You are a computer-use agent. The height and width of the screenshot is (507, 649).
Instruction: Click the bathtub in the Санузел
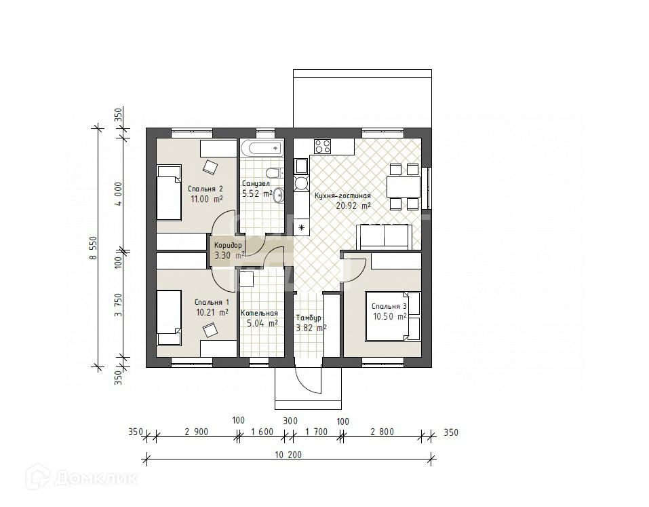pyautogui.click(x=262, y=148)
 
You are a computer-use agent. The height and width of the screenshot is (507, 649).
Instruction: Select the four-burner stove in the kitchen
pyautogui.click(x=322, y=146)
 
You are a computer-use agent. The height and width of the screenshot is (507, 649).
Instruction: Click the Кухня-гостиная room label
pyautogui.click(x=342, y=195)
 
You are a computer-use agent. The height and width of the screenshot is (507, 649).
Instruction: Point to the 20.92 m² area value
pyautogui.click(x=353, y=206)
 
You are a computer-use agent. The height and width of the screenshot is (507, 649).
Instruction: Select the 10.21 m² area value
pyautogui.click(x=212, y=312)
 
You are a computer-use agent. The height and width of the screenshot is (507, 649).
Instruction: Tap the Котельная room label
pyautogui.click(x=259, y=313)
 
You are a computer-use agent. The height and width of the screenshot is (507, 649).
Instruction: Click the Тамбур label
pyautogui.click(x=309, y=318)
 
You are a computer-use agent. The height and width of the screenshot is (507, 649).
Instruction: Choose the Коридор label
pyautogui.click(x=228, y=245)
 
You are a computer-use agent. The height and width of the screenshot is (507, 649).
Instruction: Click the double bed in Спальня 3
pyautogui.click(x=393, y=316)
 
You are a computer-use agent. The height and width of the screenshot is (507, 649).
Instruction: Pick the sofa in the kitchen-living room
pyautogui.click(x=385, y=238)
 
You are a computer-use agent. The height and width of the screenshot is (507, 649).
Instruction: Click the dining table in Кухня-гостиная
pyautogui.click(x=404, y=187)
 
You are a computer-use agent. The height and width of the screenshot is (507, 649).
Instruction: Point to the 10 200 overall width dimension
pyautogui.click(x=288, y=455)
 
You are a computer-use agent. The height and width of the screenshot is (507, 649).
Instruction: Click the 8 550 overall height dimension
pyautogui.click(x=94, y=248)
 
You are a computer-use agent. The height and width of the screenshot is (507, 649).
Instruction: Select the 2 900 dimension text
pyautogui.click(x=196, y=432)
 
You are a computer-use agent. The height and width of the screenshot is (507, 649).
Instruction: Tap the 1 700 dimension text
pyautogui.click(x=316, y=432)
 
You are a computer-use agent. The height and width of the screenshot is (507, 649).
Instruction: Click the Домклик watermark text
pyautogui.click(x=96, y=479)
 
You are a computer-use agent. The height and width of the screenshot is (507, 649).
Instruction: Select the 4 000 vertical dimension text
pyautogui.click(x=119, y=194)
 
